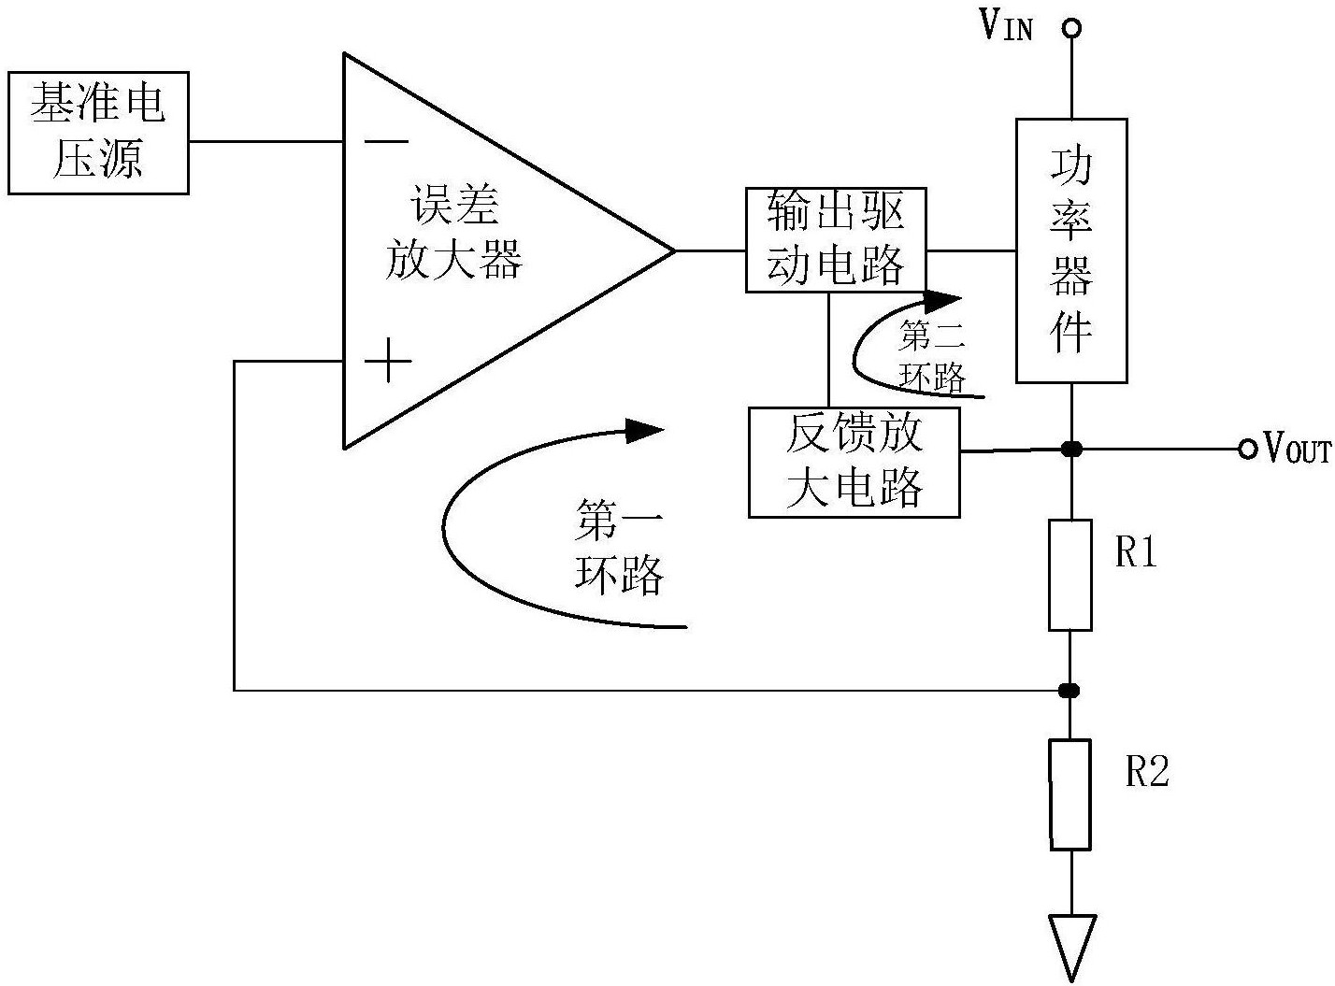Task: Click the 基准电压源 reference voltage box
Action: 98,133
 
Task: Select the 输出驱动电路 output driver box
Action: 836,240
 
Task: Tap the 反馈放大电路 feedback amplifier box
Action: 854,462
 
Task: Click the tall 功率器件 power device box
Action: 1071,250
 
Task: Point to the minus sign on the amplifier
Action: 386,142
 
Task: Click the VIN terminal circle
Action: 1071,28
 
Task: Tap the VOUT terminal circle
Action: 1247,450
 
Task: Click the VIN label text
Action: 1006,26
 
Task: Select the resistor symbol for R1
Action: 1070,575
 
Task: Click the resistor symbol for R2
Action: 1070,794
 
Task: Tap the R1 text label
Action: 1137,553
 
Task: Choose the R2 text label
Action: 1146,772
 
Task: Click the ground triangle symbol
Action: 1071,944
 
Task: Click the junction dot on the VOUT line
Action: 1071,450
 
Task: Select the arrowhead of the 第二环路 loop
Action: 940,301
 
